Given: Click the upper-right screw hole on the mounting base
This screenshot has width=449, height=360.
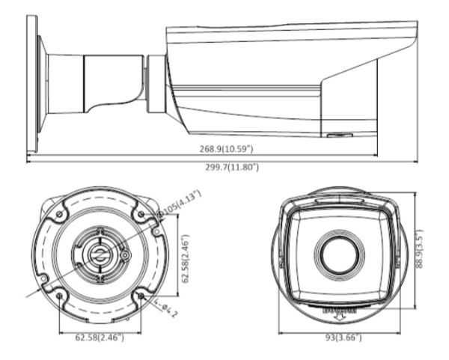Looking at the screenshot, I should click(139, 215).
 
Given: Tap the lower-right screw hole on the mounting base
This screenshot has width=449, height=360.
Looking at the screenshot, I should click(140, 296).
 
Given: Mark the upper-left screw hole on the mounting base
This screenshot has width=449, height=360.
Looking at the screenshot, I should click(58, 215).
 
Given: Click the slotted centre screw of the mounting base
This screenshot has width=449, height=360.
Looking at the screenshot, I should click(98, 255).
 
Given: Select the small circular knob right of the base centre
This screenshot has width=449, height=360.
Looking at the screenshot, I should click(124, 256).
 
